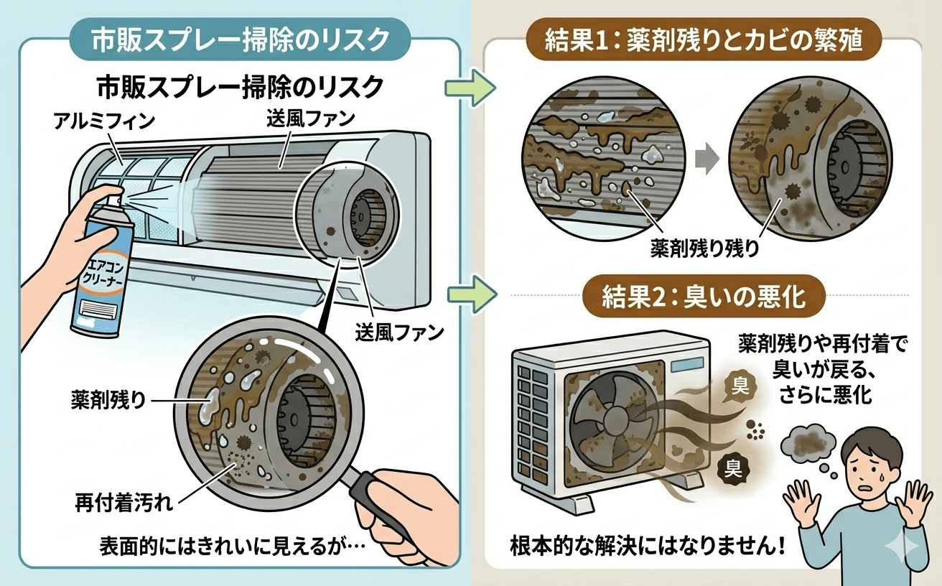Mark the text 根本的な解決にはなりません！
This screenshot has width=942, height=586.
647,545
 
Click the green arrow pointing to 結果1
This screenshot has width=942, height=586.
470,88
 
